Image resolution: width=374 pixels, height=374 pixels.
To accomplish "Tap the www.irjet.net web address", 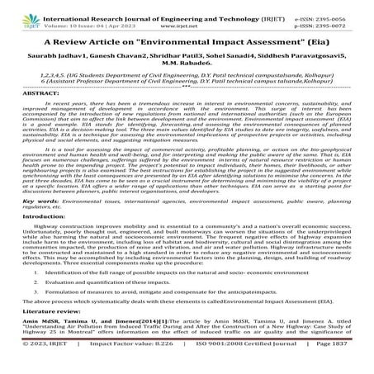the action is point(187,17).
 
